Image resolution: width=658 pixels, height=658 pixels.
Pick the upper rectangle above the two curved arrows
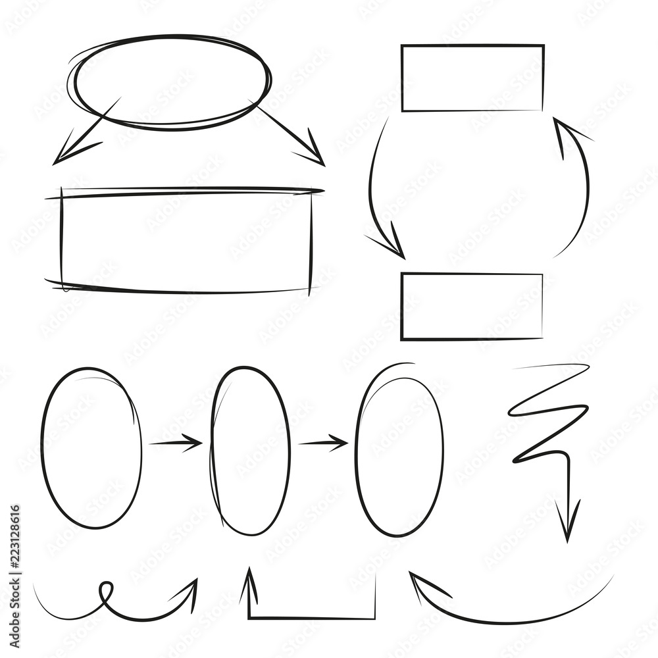[x=472, y=78]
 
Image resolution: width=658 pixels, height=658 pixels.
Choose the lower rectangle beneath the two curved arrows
[x=471, y=307]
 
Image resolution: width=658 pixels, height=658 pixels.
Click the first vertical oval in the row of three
[x=91, y=447]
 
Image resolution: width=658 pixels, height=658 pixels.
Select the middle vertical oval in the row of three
[x=250, y=451]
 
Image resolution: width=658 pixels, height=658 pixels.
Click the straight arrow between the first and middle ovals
[x=176, y=443]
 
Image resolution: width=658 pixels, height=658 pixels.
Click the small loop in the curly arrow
[x=105, y=590]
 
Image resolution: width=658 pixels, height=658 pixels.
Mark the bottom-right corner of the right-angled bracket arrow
[x=375, y=617]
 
